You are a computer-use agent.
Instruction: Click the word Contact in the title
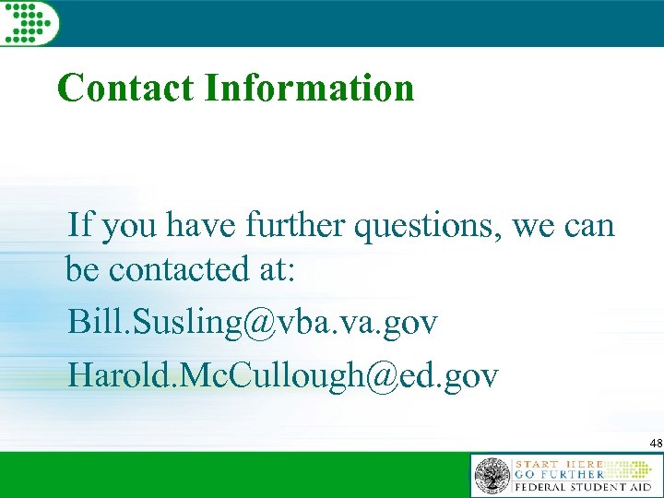[126, 89]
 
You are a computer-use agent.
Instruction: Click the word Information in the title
[309, 89]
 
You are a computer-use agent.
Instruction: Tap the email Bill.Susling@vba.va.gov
[253, 323]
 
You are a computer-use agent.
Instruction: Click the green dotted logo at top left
[30, 21]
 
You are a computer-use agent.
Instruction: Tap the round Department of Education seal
[492, 476]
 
